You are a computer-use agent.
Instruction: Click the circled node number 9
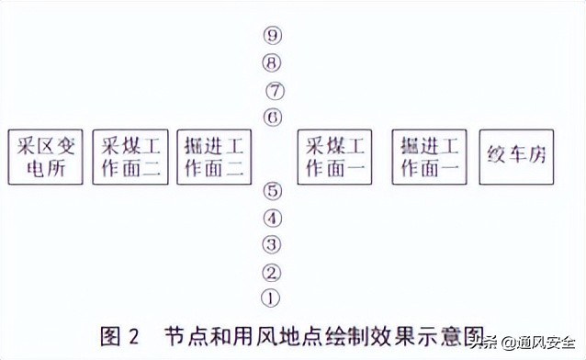[x=271, y=36]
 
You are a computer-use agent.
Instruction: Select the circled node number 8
[x=271, y=63]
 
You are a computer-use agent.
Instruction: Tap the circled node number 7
[x=275, y=91]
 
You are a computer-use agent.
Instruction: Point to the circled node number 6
[x=271, y=118]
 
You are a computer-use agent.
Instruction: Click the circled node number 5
[x=271, y=192]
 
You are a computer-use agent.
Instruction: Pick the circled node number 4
[x=271, y=219]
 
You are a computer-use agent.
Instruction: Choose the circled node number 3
[x=271, y=244]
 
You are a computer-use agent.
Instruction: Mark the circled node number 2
[x=271, y=272]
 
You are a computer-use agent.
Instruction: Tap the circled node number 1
[x=271, y=298]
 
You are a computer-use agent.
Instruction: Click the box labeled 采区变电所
[x=44, y=157]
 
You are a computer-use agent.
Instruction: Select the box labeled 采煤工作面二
[x=130, y=157]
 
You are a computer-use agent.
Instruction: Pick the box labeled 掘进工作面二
[x=212, y=157]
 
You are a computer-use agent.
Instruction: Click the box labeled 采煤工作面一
[x=335, y=157]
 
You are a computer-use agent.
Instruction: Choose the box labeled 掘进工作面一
[x=430, y=157]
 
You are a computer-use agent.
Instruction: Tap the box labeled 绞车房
[x=516, y=157]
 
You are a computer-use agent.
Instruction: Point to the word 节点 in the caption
[x=185, y=335]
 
